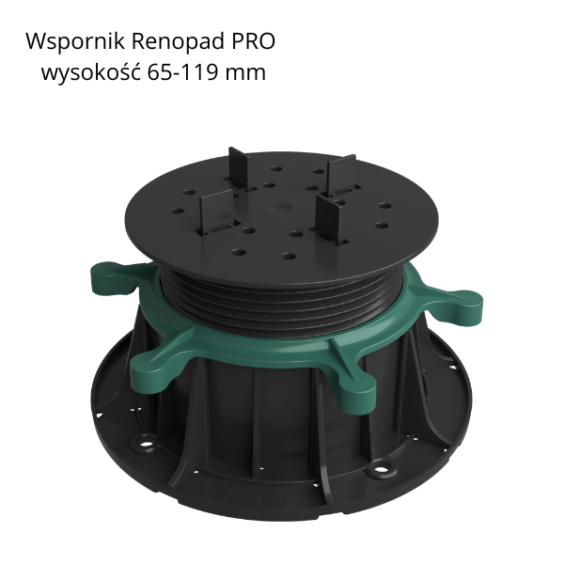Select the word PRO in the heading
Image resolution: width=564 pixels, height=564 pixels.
[254, 43]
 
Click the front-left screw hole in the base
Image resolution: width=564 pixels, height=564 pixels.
[148, 437]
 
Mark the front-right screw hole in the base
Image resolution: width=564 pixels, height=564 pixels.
[384, 464]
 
